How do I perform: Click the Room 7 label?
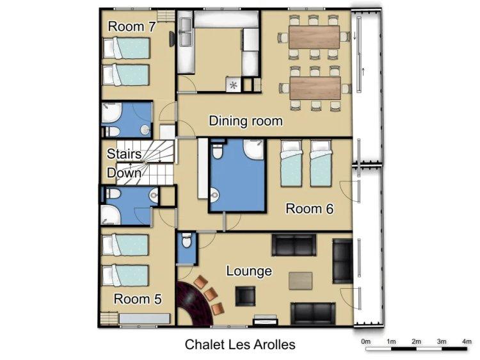click(x=132, y=27)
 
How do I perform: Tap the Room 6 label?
click(x=310, y=209)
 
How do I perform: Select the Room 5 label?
click(x=138, y=299)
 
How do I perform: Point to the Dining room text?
click(x=246, y=121)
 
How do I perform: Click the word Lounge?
click(x=249, y=271)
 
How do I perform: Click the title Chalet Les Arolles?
click(x=240, y=345)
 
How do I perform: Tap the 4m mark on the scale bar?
click(x=467, y=341)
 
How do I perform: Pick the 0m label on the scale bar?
click(x=365, y=341)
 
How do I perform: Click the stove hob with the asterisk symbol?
click(x=234, y=85)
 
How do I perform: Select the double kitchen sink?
click(x=186, y=32)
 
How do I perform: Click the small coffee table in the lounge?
click(x=301, y=281)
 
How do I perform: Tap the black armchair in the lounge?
click(x=245, y=297)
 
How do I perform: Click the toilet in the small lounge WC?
click(x=186, y=240)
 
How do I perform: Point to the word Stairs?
click(x=124, y=154)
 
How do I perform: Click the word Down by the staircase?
click(x=124, y=173)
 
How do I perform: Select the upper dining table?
click(x=314, y=37)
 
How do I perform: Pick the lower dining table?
click(x=315, y=88)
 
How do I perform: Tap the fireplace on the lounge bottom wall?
click(x=265, y=321)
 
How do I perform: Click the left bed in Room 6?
click(x=291, y=163)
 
